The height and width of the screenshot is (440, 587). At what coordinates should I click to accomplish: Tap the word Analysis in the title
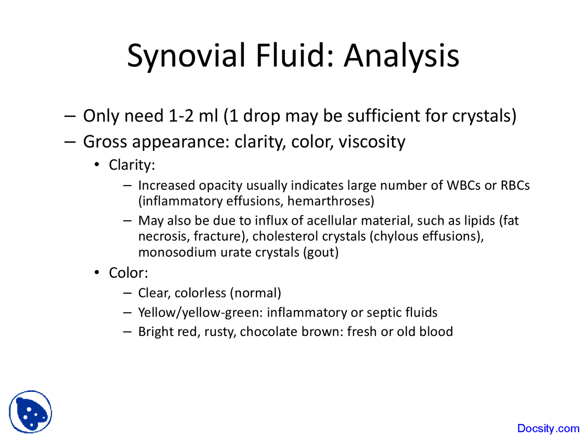coord(401,56)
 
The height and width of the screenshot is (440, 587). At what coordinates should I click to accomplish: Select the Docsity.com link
coord(548,429)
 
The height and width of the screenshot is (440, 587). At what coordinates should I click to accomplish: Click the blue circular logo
coord(31,412)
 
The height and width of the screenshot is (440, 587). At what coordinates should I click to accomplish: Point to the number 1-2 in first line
coord(181,116)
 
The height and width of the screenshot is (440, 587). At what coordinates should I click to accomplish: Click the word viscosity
coord(372,142)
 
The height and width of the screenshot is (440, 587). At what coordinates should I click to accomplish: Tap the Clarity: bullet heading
coord(132,165)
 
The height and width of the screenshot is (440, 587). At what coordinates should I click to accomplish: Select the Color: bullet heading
coord(128,273)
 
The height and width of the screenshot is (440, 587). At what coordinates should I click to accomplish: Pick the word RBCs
coord(515,186)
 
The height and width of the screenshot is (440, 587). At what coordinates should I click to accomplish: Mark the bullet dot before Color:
coord(97,273)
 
